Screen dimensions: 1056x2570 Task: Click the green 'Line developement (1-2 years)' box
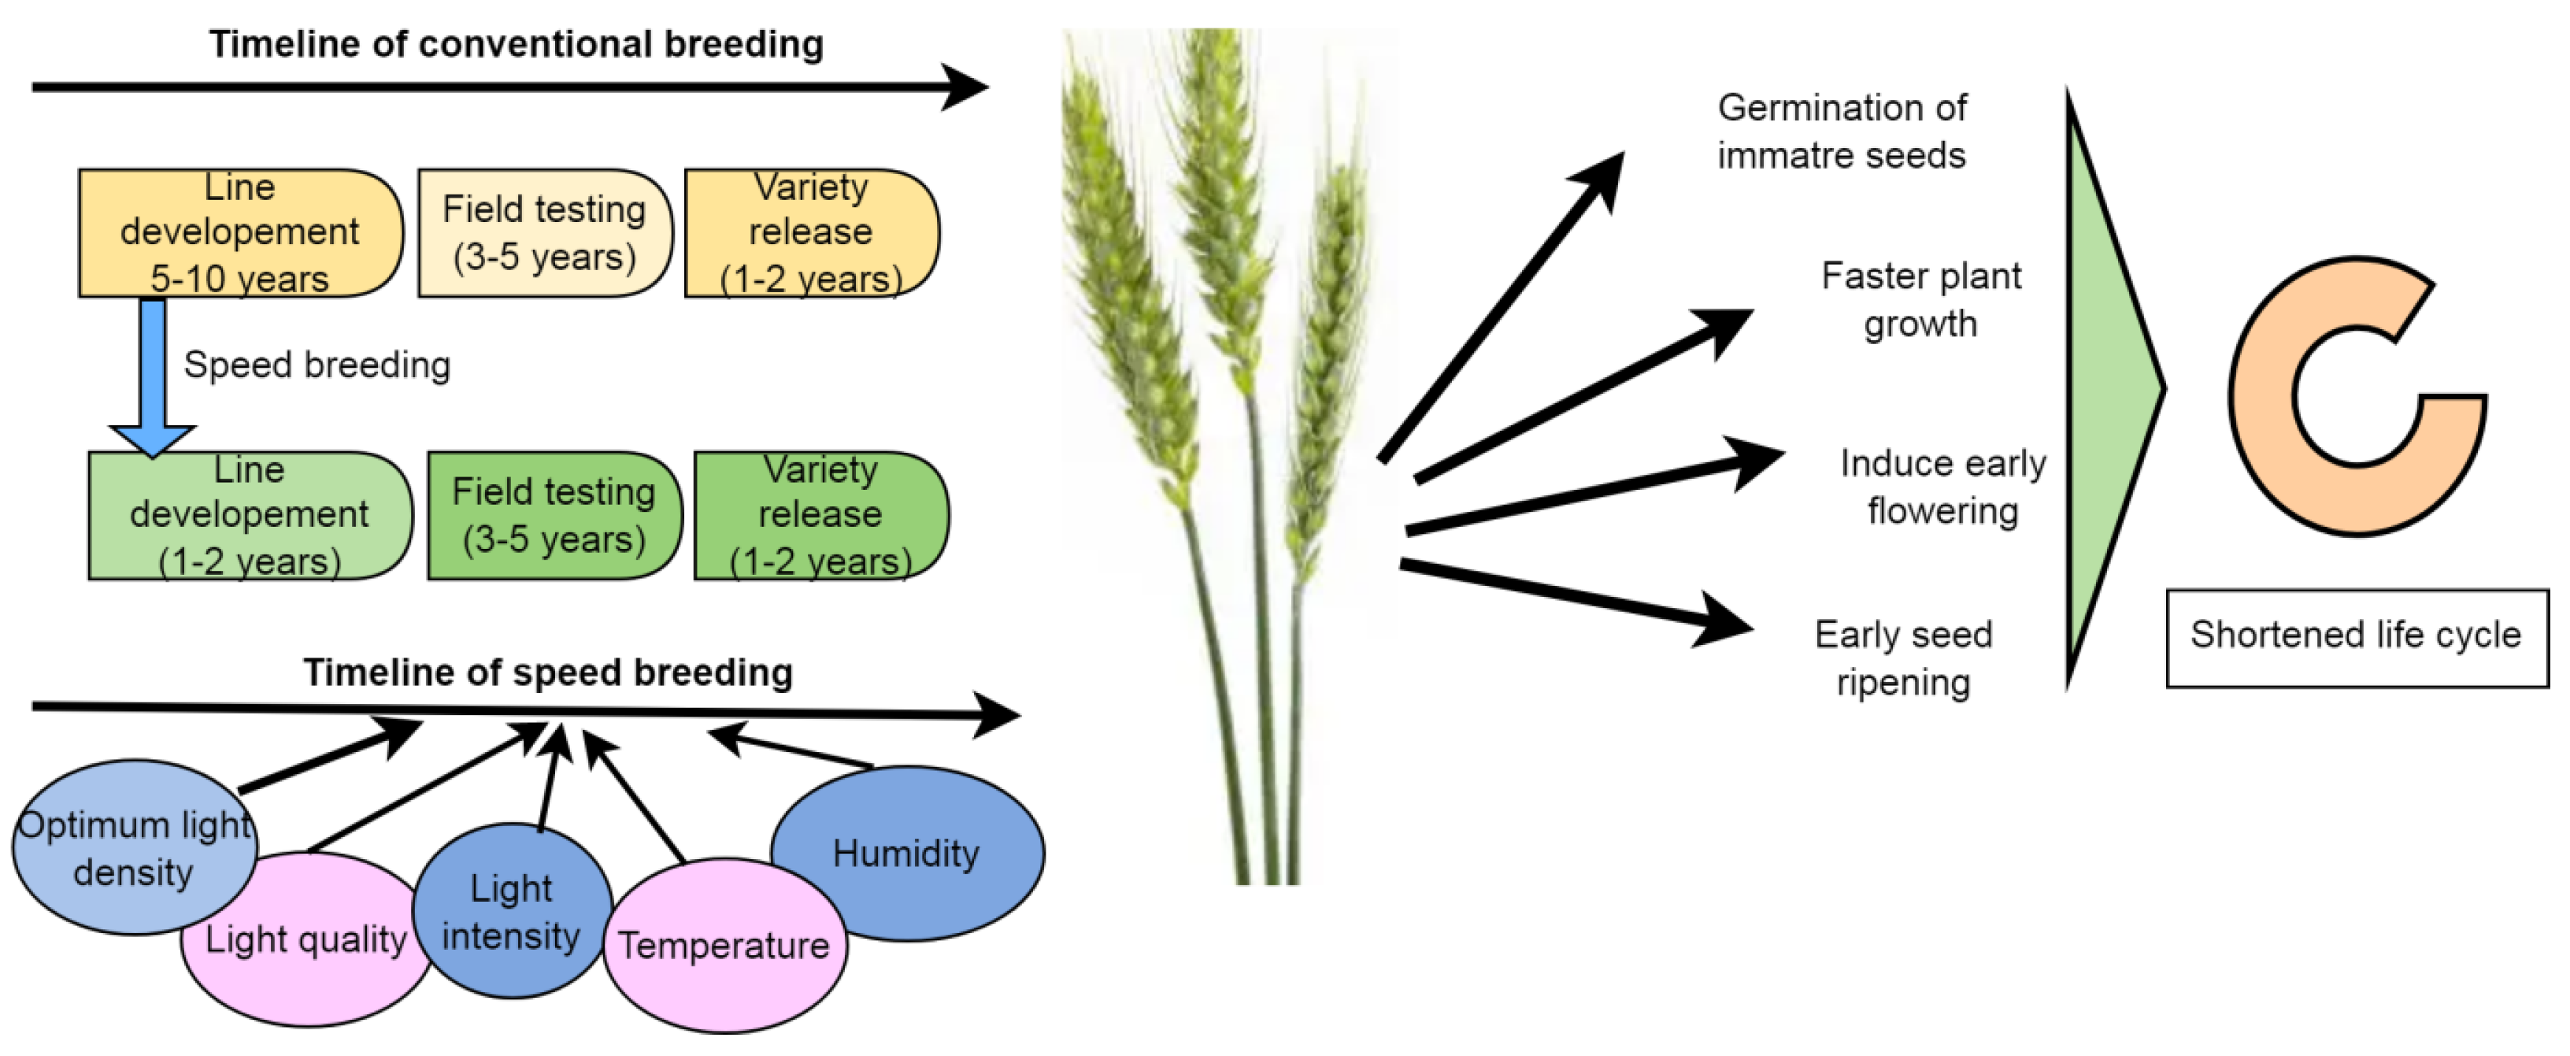[x=250, y=516]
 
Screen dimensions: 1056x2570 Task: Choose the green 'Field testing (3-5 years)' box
[x=554, y=516]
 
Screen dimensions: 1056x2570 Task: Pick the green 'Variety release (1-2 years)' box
[x=820, y=516]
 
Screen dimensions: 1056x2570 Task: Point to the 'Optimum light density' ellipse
[x=135, y=848]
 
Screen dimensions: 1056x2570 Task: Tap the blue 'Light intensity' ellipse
[x=511, y=911]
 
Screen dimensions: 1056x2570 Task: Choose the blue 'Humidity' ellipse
[x=907, y=854]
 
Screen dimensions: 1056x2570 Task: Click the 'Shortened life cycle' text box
[x=2357, y=638]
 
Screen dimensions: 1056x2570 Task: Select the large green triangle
[x=2105, y=389]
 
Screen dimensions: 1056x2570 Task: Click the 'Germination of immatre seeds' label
[x=1842, y=132]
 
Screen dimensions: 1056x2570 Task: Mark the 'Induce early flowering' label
[x=1942, y=487]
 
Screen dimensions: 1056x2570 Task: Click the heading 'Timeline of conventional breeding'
[x=516, y=44]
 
